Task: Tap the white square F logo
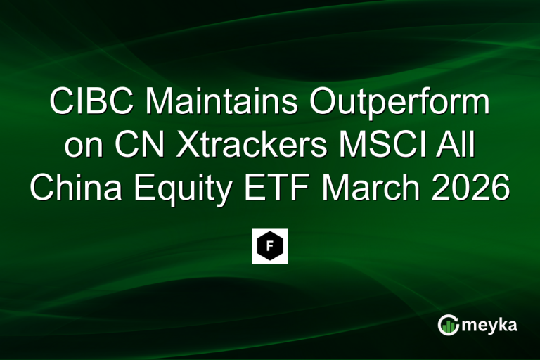(270, 246)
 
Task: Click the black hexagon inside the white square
(270, 246)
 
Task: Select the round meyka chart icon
(448, 324)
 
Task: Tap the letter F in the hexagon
(270, 246)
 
